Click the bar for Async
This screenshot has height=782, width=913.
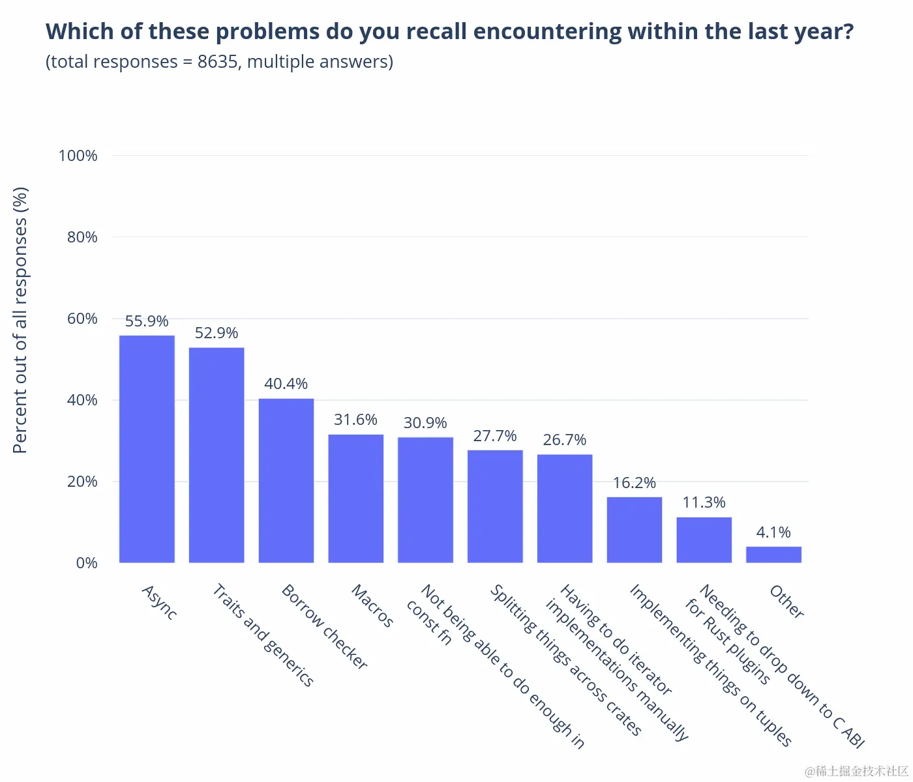coord(147,449)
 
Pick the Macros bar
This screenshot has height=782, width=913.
coord(356,499)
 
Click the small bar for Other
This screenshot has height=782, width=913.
coord(773,555)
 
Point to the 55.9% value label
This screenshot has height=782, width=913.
coord(147,321)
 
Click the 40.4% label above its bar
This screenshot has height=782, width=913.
coord(286,384)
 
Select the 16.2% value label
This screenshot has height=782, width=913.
coord(634,483)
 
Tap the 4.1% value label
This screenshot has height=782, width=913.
coord(773,532)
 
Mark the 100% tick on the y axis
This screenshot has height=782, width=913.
coord(78,156)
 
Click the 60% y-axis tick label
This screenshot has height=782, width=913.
coord(82,319)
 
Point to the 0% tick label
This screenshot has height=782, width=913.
coord(87,563)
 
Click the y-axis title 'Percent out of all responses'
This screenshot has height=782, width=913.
coord(21,320)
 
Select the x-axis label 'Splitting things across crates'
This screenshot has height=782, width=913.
coord(566,659)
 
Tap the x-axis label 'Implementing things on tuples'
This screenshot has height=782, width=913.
coord(710,665)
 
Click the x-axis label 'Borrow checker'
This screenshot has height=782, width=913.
coord(324,626)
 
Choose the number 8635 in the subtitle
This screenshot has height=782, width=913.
coord(218,62)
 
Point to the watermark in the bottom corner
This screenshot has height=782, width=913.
coord(856,772)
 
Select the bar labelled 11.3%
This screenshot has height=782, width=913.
coord(704,540)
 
